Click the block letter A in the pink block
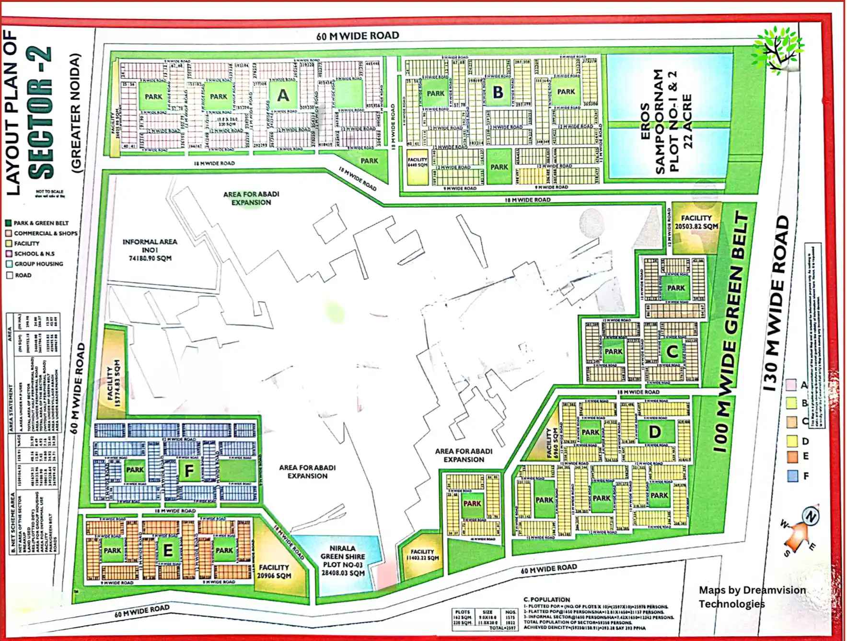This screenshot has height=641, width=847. (283, 95)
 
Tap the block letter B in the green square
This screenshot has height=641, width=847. (498, 92)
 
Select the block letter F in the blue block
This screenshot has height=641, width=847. (189, 471)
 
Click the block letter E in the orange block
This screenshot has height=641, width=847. (168, 551)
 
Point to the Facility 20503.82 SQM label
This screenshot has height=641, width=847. (696, 222)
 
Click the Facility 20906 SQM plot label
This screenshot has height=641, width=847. (274, 571)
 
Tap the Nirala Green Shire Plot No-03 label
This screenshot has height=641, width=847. (342, 560)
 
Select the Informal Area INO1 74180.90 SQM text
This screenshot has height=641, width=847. (150, 250)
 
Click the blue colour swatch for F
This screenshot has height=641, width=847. (792, 476)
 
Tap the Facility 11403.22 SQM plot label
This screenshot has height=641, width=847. (422, 555)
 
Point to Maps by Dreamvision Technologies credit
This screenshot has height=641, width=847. (751, 596)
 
